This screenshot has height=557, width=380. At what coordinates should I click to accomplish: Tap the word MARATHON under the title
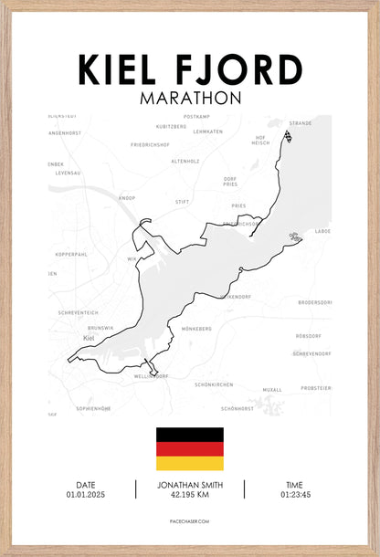pos(190,96)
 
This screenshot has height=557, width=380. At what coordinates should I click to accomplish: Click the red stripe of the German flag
pos(189,448)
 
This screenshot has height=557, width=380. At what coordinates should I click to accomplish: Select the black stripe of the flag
pos(189,434)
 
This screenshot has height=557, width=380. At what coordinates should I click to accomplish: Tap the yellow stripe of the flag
pos(189,463)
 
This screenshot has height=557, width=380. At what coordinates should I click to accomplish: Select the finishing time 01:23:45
pos(294,495)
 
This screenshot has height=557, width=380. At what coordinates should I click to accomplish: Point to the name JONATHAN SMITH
pos(189,485)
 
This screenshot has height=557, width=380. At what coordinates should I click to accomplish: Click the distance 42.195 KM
pos(189,495)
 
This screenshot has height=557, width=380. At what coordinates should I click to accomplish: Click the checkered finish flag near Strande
pos(288,137)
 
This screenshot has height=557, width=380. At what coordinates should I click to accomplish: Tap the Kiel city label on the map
pos(89,339)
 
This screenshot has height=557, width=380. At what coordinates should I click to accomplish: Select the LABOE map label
pos(322,231)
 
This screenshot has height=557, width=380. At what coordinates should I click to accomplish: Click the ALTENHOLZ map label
pos(186,162)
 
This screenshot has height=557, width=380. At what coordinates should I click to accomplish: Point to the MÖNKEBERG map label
pos(197,329)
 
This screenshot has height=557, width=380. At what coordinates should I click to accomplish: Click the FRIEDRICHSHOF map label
pos(150,144)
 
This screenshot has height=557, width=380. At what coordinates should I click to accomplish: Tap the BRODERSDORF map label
pos(313,301)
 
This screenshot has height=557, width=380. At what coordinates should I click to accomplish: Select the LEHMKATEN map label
pos(208,131)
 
